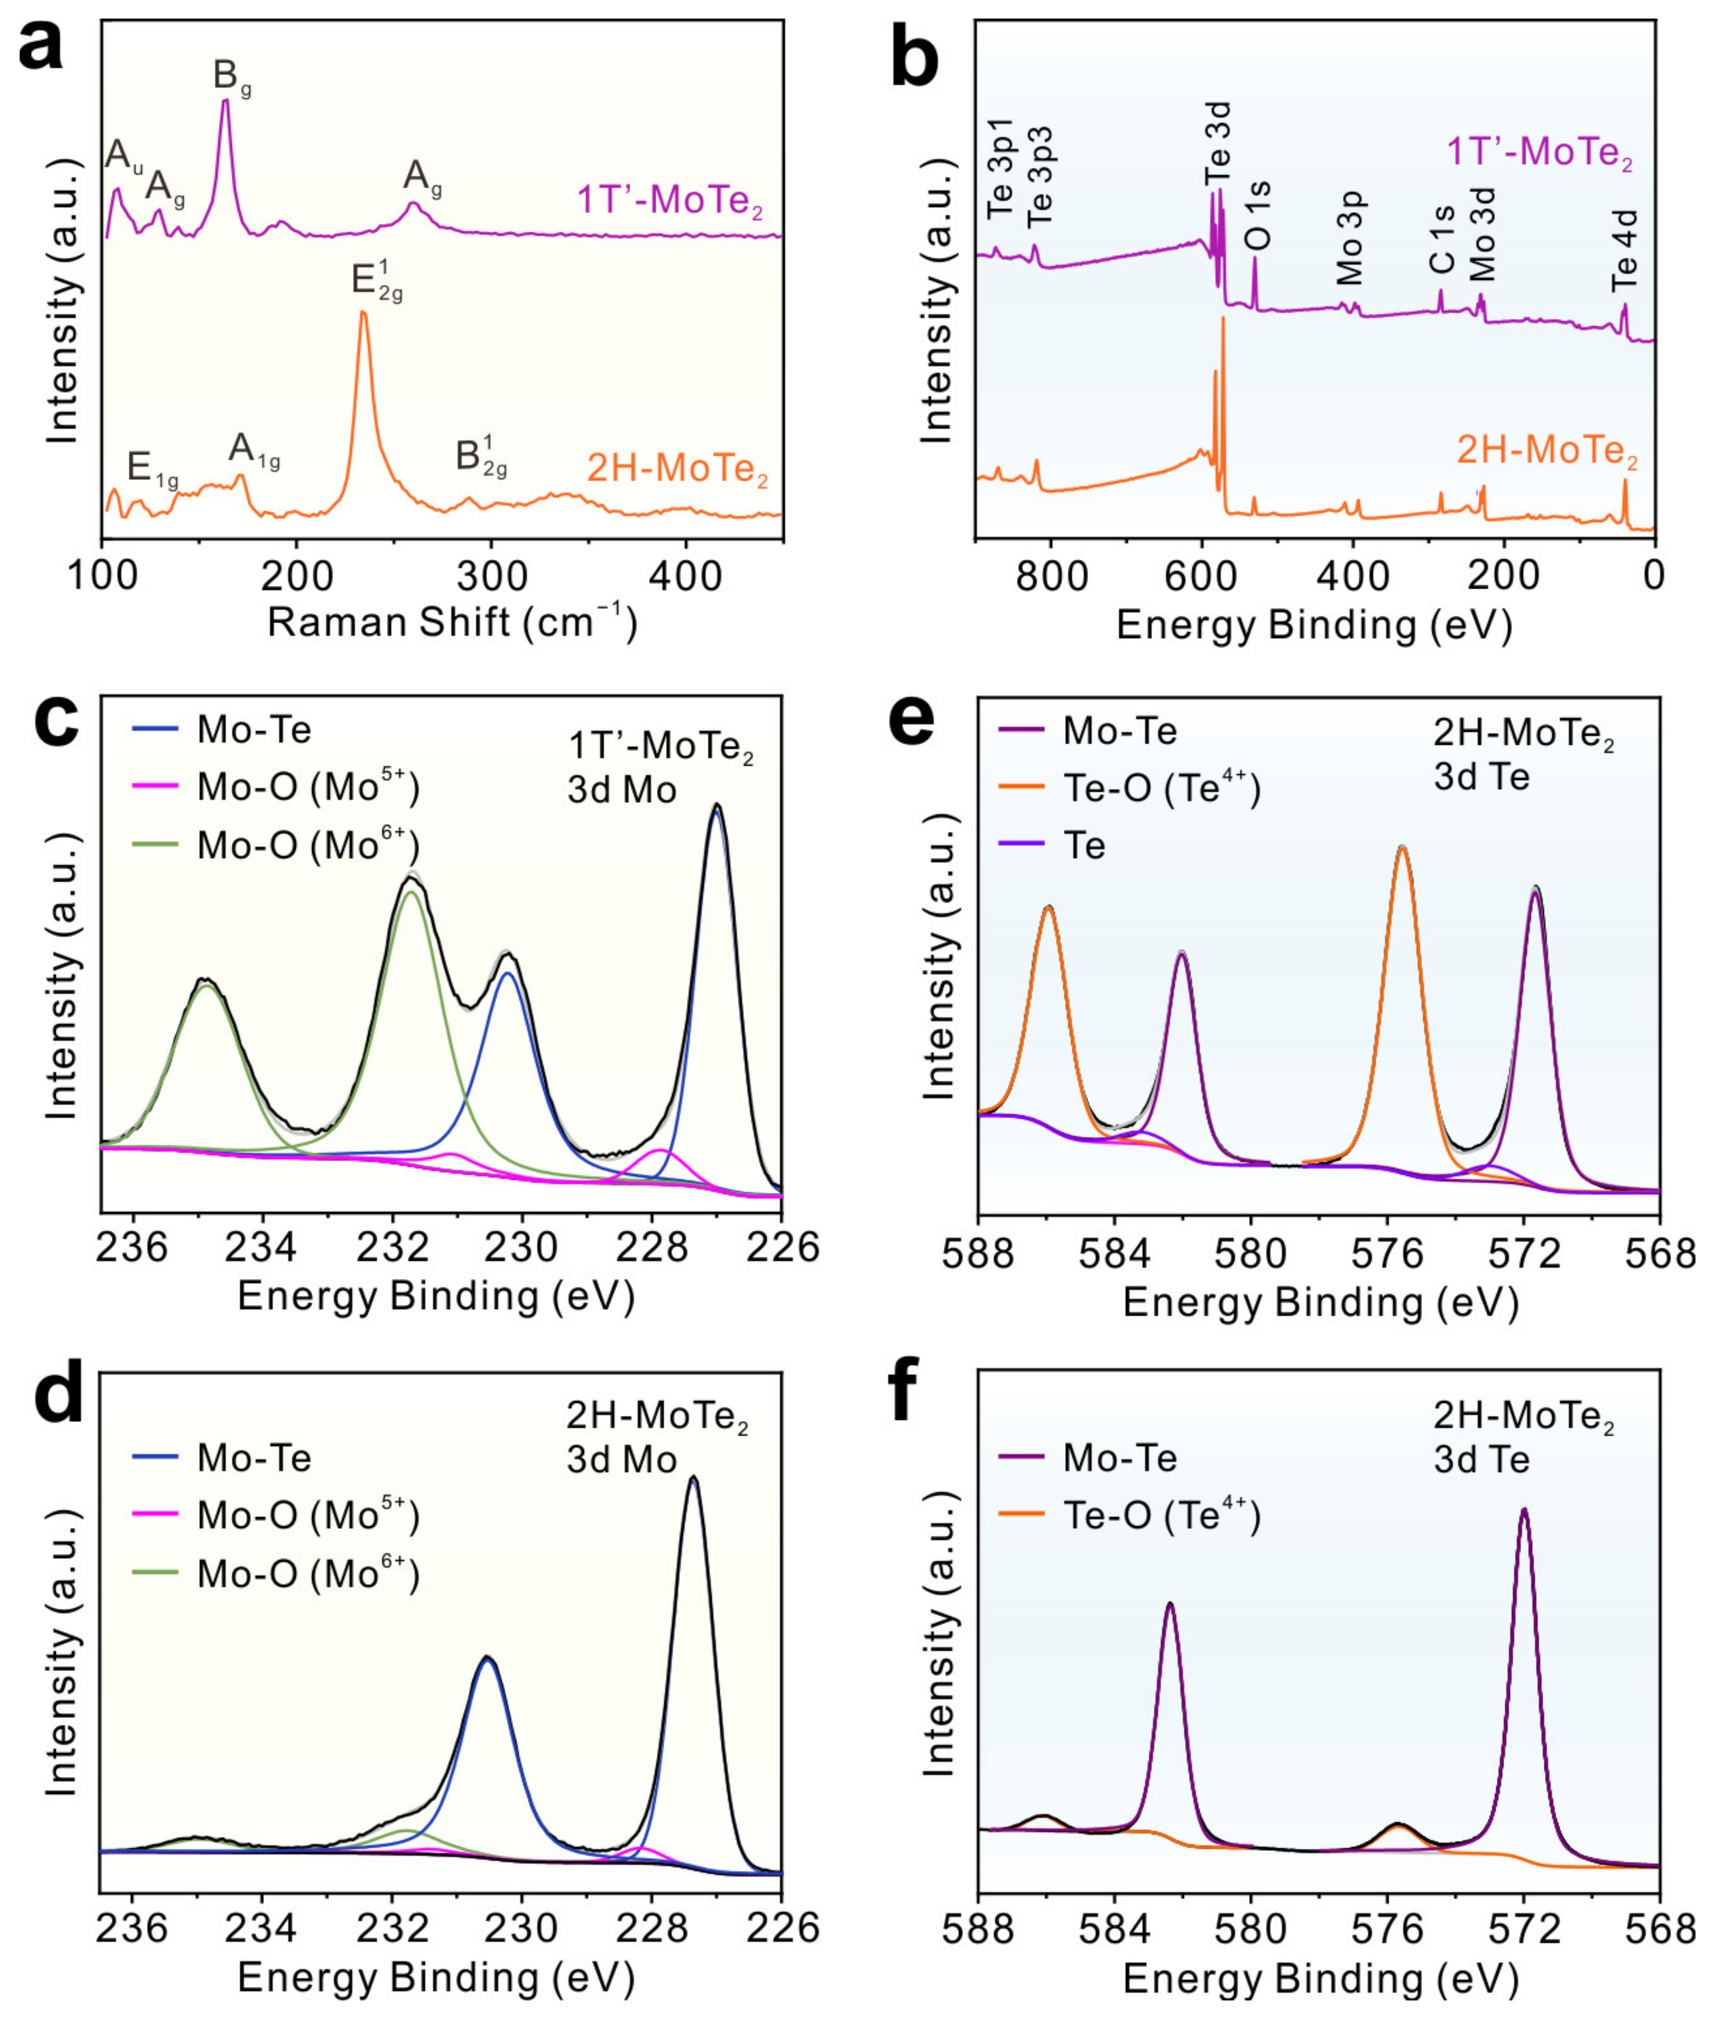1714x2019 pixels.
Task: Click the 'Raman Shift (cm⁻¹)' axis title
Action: pyautogui.click(x=452, y=622)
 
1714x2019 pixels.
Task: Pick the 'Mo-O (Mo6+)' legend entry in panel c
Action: pyautogui.click(x=307, y=845)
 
